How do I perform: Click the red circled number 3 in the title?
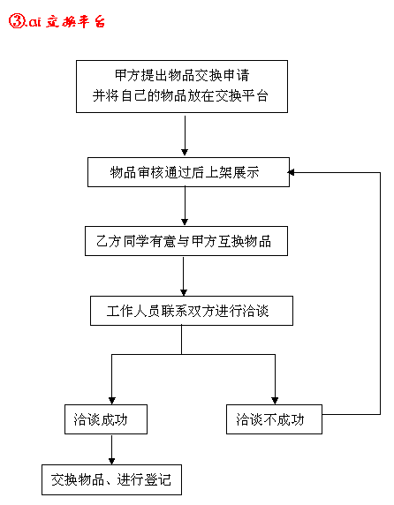point(16,21)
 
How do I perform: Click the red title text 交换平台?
point(76,21)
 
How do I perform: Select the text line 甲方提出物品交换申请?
point(182,75)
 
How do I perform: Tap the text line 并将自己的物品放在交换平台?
point(180,95)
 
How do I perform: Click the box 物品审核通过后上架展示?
point(188,172)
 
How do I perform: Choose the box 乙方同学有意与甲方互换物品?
point(186,241)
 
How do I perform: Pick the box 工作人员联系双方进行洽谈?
point(192,311)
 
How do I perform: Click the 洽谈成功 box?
point(106,419)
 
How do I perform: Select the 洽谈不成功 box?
point(274,419)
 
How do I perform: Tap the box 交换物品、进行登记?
point(112,479)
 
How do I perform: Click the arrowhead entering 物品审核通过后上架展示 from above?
point(185,153)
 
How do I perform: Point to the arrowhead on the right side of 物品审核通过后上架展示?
point(291,173)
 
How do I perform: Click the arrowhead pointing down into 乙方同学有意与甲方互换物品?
point(185,222)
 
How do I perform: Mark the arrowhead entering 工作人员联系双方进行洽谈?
point(184,292)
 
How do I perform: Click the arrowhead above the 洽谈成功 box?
point(112,400)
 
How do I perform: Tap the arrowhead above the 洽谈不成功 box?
point(275,400)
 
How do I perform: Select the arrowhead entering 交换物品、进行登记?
point(112,461)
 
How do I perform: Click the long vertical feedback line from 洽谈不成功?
point(380,293)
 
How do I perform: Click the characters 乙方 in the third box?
point(109,241)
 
